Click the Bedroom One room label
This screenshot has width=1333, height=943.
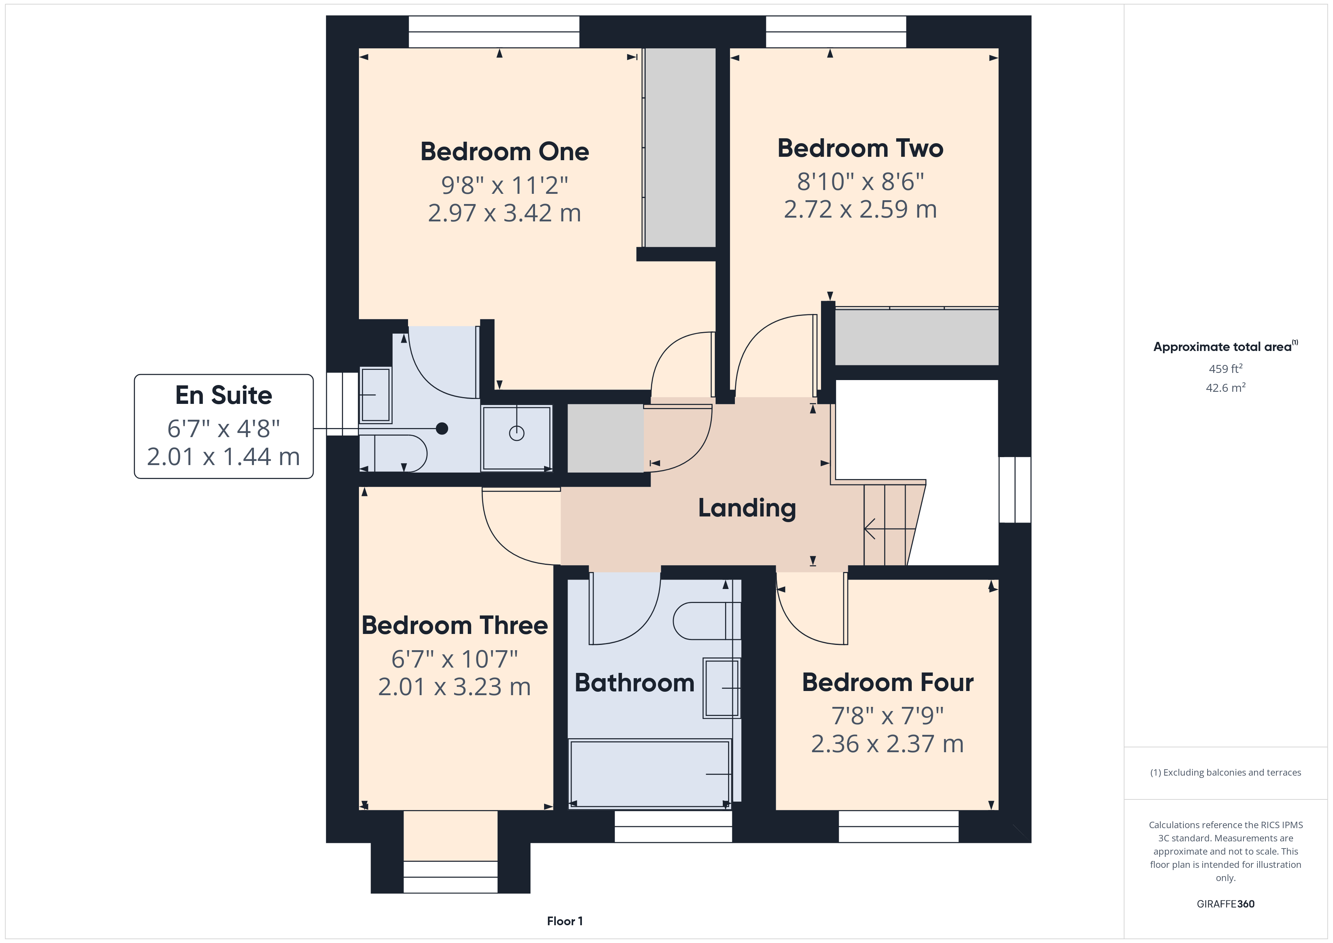click(x=504, y=151)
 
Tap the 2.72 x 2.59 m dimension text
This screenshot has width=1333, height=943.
click(x=860, y=209)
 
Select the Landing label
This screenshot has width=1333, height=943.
click(x=747, y=508)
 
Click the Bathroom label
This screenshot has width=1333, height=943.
click(x=634, y=683)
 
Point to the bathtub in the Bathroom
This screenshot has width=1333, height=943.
click(x=649, y=773)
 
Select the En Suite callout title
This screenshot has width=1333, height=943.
click(x=224, y=396)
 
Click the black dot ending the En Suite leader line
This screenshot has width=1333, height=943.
click(x=442, y=428)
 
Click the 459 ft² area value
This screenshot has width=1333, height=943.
click(x=1225, y=369)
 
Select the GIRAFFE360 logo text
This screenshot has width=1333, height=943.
click(x=1225, y=903)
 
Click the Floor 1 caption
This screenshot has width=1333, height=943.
click(x=564, y=921)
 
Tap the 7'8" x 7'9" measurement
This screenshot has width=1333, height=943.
click(x=887, y=716)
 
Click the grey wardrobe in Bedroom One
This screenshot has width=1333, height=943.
click(x=680, y=148)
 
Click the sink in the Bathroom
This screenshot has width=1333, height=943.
click(x=721, y=688)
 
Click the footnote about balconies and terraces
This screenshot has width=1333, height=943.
click(x=1225, y=772)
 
